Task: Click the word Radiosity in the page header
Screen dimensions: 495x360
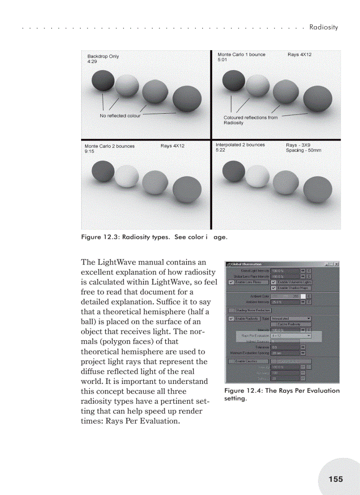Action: click(323, 27)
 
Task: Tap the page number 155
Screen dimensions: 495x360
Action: click(335, 479)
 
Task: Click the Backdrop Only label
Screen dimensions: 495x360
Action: click(103, 56)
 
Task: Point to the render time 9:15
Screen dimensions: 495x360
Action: click(90, 151)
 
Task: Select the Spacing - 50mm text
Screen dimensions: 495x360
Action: click(304, 150)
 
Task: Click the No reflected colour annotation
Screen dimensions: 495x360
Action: click(120, 115)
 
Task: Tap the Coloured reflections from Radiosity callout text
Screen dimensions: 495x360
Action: click(250, 120)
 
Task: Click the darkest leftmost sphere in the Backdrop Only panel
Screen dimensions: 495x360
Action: click(103, 82)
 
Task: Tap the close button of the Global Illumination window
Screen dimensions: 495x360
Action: click(336, 264)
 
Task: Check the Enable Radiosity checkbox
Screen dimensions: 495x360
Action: click(231, 318)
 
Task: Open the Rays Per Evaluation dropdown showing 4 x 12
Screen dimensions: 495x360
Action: click(291, 335)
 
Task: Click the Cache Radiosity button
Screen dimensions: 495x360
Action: click(289, 324)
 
